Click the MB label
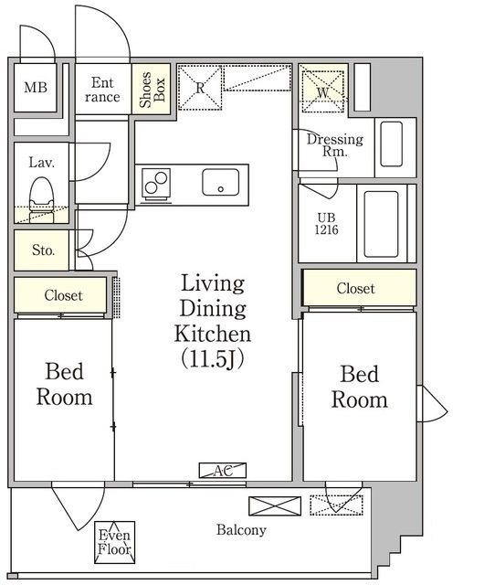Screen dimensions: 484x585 36,88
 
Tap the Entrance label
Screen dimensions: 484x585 102,90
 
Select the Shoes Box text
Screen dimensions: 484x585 152,90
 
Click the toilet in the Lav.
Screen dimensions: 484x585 42,200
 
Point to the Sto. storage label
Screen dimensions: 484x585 43,250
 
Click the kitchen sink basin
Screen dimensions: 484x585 221,182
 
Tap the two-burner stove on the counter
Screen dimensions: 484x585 156,183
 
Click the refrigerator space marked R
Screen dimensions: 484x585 200,88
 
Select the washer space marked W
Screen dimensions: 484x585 322,91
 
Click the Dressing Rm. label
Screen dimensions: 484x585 334,145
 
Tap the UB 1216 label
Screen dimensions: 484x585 327,223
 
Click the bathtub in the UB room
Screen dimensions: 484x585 381,224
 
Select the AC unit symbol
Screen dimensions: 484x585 223,471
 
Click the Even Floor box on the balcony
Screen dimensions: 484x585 114,542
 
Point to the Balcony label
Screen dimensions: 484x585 242,530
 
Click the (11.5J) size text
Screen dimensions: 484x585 213,359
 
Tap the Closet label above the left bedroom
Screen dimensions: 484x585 63,295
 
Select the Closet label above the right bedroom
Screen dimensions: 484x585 356,288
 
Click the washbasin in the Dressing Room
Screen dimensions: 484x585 391,144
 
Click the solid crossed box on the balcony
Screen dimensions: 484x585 275,506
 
